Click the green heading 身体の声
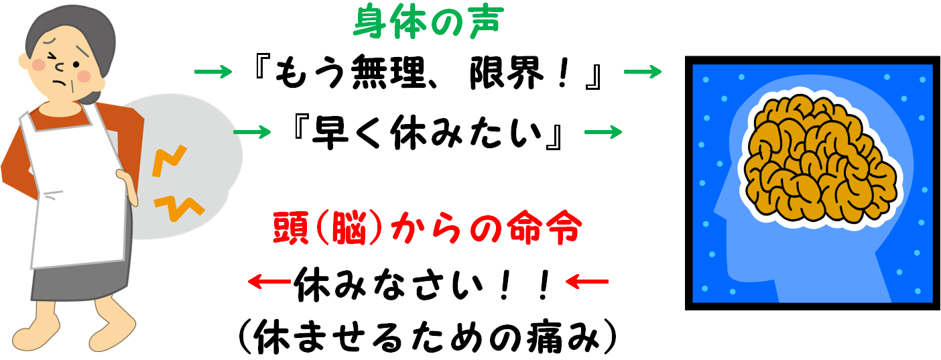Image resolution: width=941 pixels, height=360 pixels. [x=428, y=23]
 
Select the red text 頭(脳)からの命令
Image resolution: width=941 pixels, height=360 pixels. [x=426, y=229]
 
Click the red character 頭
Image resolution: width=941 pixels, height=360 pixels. [x=290, y=229]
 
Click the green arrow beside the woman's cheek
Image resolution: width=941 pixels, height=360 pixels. [x=213, y=71]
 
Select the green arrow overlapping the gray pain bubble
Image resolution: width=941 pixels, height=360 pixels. [x=252, y=131]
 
